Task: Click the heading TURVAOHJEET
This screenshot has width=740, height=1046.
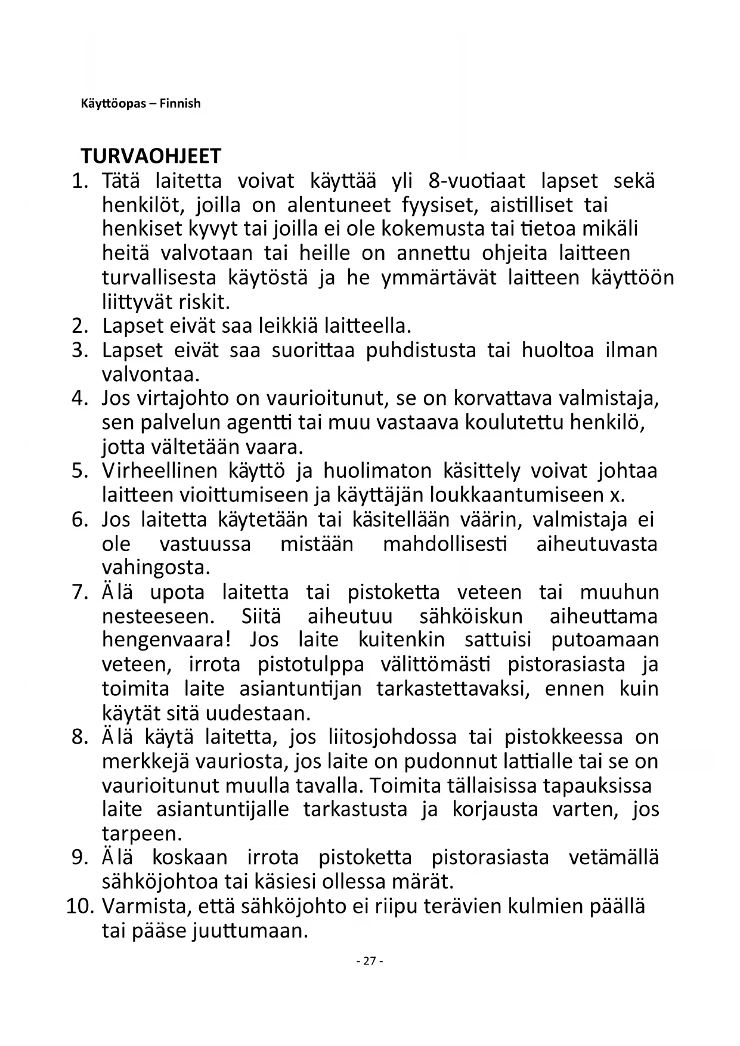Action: pos(150,156)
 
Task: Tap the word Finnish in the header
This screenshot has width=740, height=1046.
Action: pos(180,103)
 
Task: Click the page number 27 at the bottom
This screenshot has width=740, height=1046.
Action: pos(370,961)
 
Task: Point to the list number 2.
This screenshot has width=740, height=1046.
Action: pos(80,326)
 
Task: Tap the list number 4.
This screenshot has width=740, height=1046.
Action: pos(80,398)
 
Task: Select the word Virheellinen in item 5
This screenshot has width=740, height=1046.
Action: pos(160,471)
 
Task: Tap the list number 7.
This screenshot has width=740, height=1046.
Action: pos(80,592)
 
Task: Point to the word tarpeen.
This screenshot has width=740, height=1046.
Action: pos(142,833)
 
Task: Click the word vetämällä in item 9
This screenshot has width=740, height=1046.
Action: pos(614,858)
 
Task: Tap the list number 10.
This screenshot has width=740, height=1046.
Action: pos(80,906)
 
